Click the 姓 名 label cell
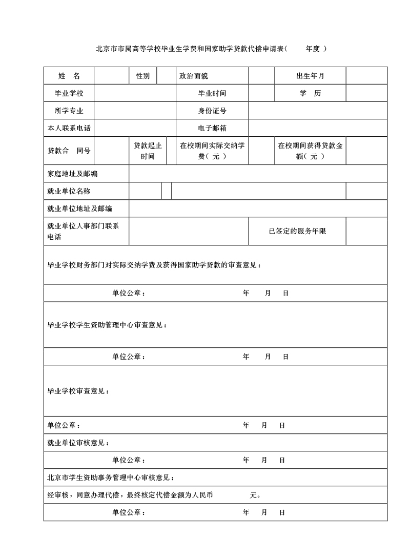69,76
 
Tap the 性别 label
142,76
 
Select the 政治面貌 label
193,76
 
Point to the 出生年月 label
310,76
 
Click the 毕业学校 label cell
69,93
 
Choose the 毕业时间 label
212,93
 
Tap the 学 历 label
310,93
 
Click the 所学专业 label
69,111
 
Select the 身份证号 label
212,111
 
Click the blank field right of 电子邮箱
318,128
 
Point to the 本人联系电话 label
69,128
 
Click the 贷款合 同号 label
69,151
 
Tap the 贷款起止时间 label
148,151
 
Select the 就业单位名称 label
69,191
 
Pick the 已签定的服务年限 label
297,231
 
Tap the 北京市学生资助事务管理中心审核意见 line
111,478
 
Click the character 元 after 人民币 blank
253,495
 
